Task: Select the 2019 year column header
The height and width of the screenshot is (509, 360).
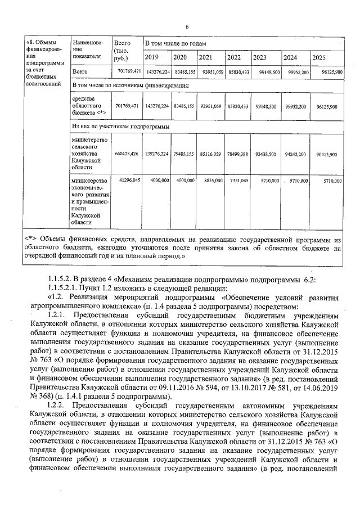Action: [152, 57]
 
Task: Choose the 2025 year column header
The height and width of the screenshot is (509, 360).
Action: [319, 57]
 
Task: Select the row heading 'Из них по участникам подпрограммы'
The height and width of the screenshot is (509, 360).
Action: [120, 127]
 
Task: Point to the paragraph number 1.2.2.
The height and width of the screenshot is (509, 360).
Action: [58, 390]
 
